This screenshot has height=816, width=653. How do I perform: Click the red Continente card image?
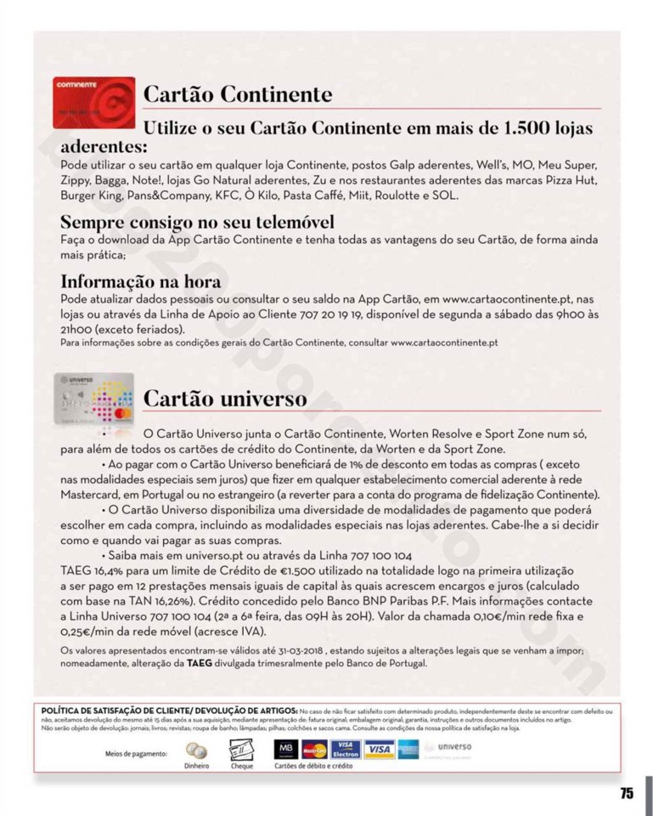coord(93,102)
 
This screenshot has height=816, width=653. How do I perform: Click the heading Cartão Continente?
coord(238,94)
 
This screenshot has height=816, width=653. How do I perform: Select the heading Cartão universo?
coord(225,398)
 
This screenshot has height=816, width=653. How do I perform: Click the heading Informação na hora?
coord(141,281)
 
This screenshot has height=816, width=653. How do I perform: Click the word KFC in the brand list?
coord(228,195)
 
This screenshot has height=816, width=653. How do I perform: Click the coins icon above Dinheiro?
coord(196,751)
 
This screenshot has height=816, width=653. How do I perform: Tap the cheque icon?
coord(241,750)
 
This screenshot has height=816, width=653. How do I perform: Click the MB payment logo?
coord(285,750)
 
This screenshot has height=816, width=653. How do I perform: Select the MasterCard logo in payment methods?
coord(314,750)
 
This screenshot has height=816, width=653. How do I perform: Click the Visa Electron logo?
coord(346,750)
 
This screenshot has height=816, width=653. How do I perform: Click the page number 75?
coord(626,793)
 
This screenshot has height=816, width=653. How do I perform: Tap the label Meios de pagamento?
coord(136,753)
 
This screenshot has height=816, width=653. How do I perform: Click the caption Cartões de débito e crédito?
coord(313,766)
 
